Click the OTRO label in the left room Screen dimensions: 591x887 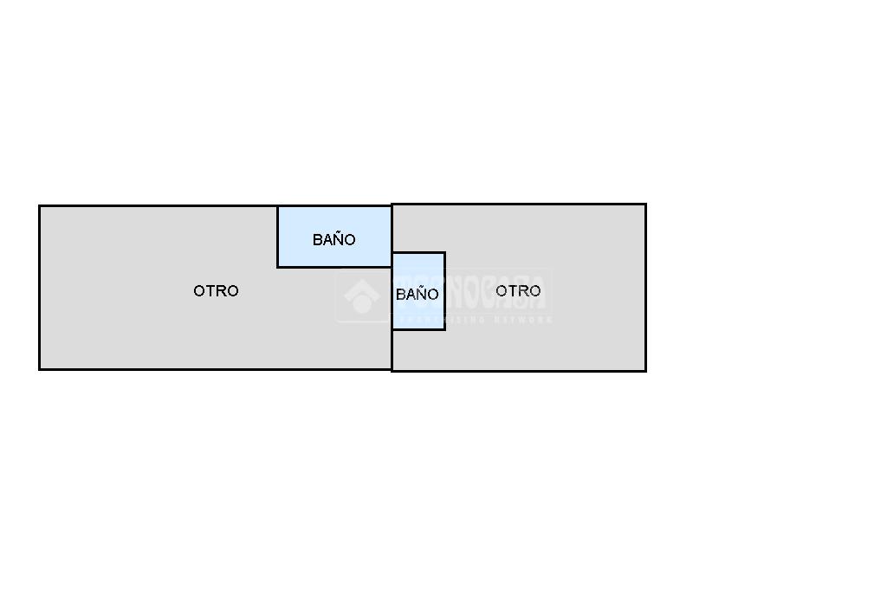216,291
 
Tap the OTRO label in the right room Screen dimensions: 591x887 518,290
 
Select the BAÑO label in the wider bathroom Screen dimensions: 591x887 333,240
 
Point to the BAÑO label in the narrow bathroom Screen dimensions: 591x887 417,295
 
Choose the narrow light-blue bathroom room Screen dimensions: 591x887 418,315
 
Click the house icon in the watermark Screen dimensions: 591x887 361,296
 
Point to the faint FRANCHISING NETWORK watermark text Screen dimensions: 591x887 472,320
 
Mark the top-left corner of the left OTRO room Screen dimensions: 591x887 40,206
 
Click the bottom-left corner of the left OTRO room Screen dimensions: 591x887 40,369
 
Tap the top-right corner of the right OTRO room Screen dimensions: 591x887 645,205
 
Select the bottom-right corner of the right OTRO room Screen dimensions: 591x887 645,371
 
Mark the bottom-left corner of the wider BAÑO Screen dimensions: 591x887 278,266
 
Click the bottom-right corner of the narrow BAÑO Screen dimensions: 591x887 444,329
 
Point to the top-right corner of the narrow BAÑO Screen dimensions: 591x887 444,253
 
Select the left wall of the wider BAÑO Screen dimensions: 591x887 278,237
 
